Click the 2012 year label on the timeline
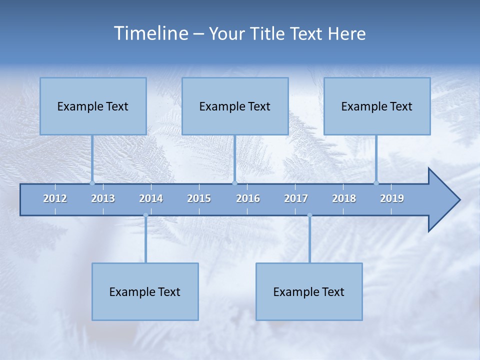pyautogui.click(x=55, y=198)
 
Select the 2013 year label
pyautogui.click(x=103, y=198)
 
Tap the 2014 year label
pyautogui.click(x=151, y=198)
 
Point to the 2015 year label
pyautogui.click(x=199, y=198)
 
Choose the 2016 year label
pyautogui.click(x=248, y=198)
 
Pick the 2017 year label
pyautogui.click(x=296, y=198)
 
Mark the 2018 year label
pyautogui.click(x=344, y=198)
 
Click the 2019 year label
pyautogui.click(x=392, y=198)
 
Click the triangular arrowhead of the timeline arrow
pyautogui.click(x=443, y=200)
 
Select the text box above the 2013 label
pyautogui.click(x=93, y=106)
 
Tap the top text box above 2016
pyautogui.click(x=235, y=106)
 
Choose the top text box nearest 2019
pyautogui.click(x=377, y=106)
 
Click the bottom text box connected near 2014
pyautogui.click(x=145, y=291)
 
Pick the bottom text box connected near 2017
pyautogui.click(x=309, y=291)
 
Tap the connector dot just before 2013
pyautogui.click(x=92, y=183)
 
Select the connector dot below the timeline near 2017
pyautogui.click(x=309, y=215)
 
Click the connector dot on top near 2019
pyautogui.click(x=376, y=183)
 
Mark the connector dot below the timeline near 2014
pyautogui.click(x=145, y=215)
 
